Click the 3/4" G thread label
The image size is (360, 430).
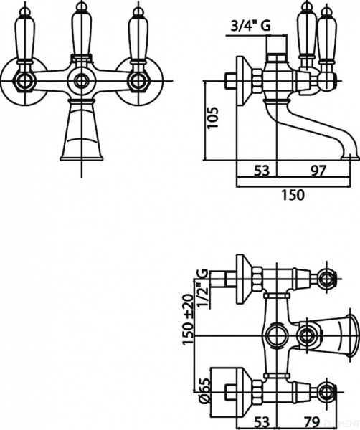pyautogui.click(x=250, y=26)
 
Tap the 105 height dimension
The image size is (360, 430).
pyautogui.click(x=213, y=118)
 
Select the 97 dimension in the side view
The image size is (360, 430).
pyautogui.click(x=318, y=171)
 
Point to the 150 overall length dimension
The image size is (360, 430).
pyautogui.click(x=293, y=195)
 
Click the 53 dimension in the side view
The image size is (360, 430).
pyautogui.click(x=262, y=171)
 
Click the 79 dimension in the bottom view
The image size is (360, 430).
pyautogui.click(x=312, y=421)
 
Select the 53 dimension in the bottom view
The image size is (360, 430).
pyautogui.click(x=262, y=421)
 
